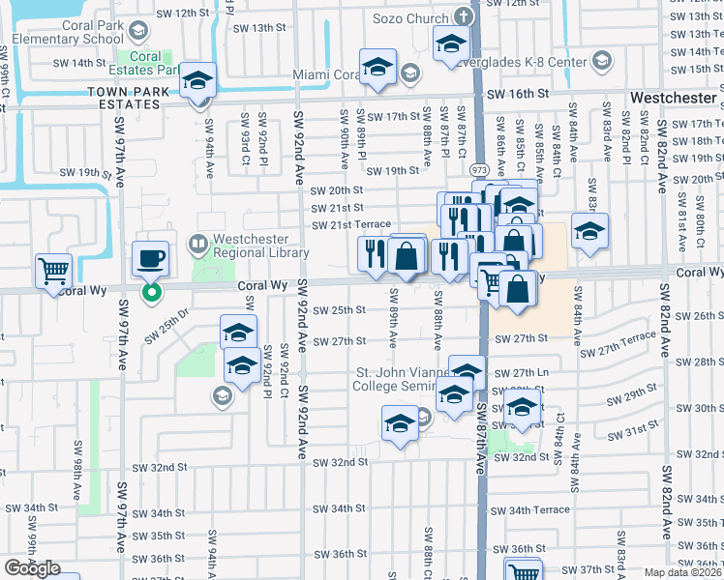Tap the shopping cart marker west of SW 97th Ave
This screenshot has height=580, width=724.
pos(54,271)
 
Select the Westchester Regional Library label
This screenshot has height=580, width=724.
pos(255,245)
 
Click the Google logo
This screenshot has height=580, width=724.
pos(32,568)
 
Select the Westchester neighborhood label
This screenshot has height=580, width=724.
pos(675,99)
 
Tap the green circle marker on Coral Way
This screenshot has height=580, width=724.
pos(151,291)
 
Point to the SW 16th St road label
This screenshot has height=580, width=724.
pos(518,95)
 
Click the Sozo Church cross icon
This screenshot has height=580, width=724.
pos(463,18)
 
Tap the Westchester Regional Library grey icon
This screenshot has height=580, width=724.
pos(198,243)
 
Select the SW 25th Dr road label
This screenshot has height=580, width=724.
pos(164,333)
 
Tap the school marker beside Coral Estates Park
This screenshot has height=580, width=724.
pos(198,81)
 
